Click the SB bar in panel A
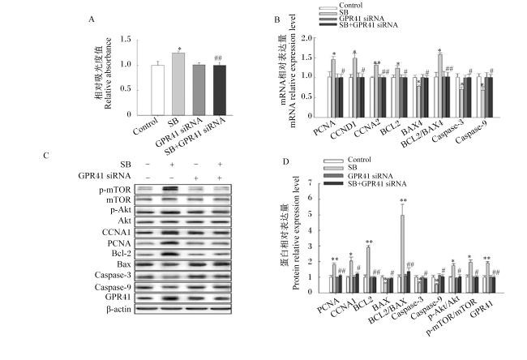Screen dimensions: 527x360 pos(178,84)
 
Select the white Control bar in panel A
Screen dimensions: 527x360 pos(157,90)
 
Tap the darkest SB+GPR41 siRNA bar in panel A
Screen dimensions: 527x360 pos(220,90)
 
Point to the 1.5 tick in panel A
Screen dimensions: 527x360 pos(126,40)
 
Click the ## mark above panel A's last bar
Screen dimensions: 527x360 pos(218,58)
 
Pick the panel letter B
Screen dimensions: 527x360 pos(277,19)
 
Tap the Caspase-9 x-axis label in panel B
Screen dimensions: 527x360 pos(472,131)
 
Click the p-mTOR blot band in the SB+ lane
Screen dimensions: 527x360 pos(172,189)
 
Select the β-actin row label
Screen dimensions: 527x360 pos(118,309)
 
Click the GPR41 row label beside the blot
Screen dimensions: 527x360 pos(118,297)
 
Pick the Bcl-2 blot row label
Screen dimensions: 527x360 pos(119,253)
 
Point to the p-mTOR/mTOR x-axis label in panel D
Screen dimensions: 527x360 pos(452,317)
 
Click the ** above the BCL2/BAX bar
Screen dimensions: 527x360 pos(403,200)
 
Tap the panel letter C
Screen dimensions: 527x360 pos(46,156)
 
